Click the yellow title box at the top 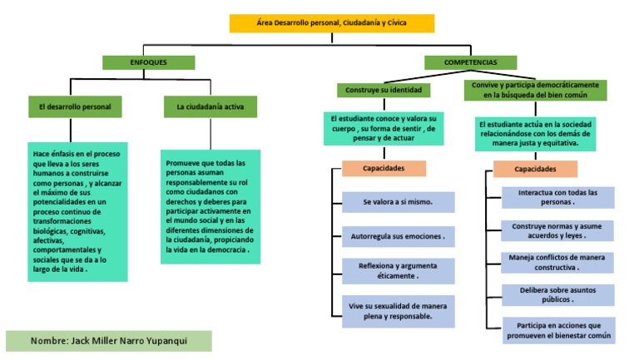point(332,23)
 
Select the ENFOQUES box point(148,62)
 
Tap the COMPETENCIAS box point(470,62)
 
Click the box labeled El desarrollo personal point(75,106)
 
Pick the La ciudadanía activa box point(211,106)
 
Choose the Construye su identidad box point(384,90)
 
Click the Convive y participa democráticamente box point(535,90)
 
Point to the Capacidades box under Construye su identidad point(384,168)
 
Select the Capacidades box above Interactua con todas point(535,169)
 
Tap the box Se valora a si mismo point(399,202)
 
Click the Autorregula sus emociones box point(399,236)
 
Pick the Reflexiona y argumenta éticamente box point(399,271)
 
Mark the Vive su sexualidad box point(399,311)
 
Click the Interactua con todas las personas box point(558,198)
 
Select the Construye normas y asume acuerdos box point(557,231)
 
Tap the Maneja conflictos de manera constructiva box point(557,263)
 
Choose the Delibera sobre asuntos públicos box point(558,295)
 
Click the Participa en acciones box point(559,330)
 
